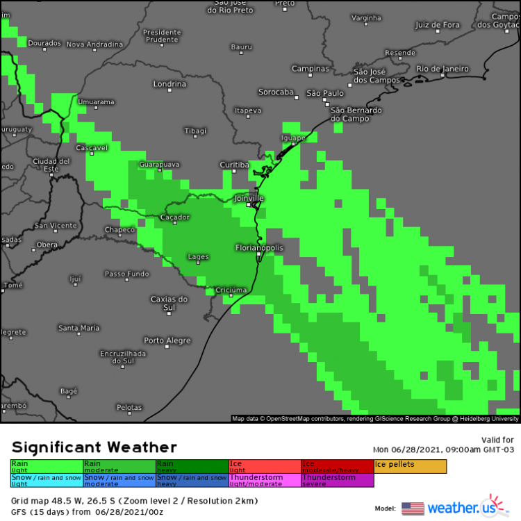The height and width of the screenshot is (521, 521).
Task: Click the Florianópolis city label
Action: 259,247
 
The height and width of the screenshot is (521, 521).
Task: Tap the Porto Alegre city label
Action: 167,340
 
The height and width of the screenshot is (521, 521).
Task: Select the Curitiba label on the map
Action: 234,165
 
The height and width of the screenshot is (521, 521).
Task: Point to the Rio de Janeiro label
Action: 443,69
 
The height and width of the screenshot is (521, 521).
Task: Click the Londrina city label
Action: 170,84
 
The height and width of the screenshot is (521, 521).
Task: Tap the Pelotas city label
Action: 129,407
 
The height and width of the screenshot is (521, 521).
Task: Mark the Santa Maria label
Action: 78,328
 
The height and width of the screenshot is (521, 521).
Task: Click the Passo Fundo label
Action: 126,274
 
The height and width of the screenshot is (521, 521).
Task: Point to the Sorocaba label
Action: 276,92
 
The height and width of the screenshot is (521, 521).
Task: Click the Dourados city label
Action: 44,43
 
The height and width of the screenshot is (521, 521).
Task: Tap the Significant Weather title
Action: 94,447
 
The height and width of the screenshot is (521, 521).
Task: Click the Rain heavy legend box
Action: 192,466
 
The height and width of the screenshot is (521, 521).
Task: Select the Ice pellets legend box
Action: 410,466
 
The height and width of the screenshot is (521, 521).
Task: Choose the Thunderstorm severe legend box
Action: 338,481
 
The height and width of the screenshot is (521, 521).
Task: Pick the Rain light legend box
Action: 47,466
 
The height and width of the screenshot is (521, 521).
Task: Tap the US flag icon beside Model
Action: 412,508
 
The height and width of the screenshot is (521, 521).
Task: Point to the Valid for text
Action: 497,440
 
